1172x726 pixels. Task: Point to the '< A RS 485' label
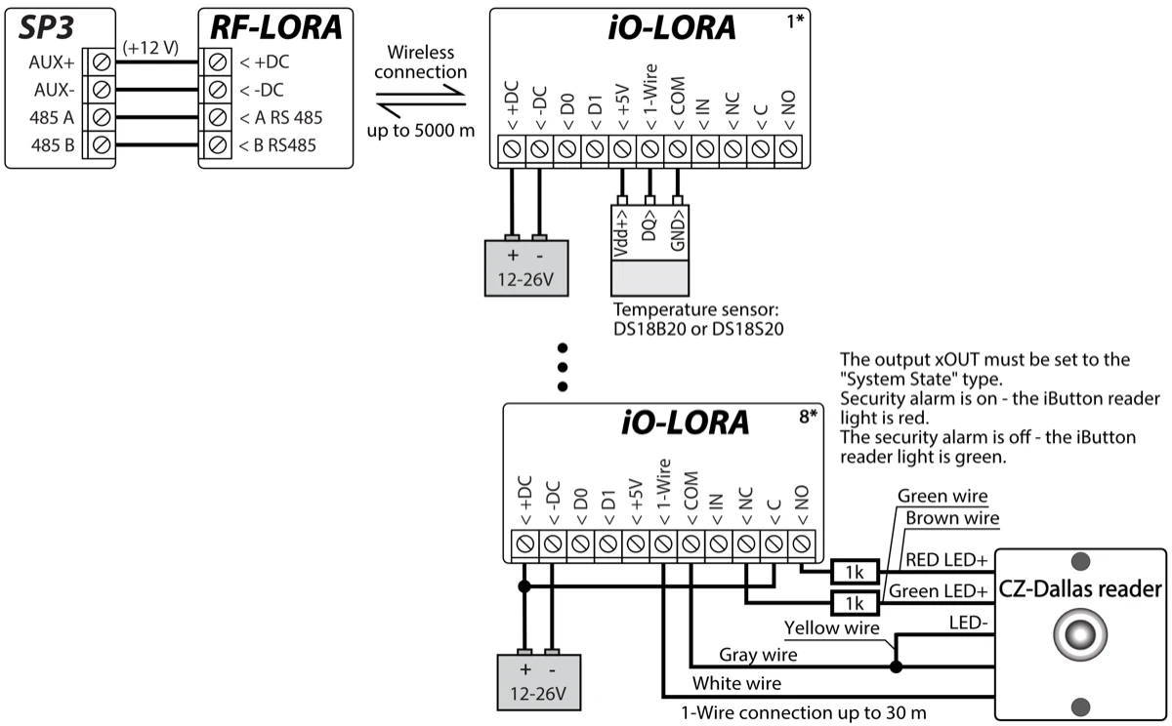281,118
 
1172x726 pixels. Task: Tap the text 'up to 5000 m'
421,129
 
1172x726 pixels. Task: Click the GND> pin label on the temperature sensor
678,233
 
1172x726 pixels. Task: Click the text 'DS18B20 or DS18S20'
682,329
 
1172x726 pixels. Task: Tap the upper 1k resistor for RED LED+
855,571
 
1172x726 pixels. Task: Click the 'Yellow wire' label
833,627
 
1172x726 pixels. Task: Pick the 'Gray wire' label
758,654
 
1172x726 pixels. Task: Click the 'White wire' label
735,683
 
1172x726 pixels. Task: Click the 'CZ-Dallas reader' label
1079,588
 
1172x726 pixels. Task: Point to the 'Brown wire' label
952,518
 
